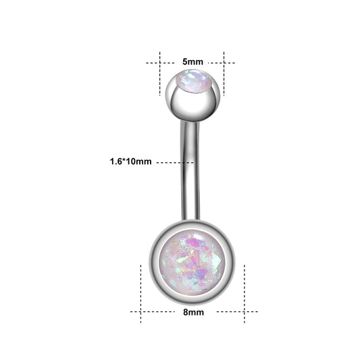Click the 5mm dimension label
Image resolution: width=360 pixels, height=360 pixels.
(x=192, y=61)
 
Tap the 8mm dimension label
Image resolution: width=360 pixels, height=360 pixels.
(x=193, y=312)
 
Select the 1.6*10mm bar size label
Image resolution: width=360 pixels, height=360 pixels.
(x=130, y=161)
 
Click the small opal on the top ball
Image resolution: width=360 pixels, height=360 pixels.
(x=193, y=81)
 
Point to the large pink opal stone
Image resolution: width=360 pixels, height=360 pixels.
(x=192, y=262)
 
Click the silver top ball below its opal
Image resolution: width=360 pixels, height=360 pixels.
(x=193, y=106)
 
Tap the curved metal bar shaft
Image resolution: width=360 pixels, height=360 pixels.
(x=190, y=171)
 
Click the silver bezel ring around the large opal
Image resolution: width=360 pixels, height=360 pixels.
(x=153, y=263)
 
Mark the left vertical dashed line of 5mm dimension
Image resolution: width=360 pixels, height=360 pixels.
(x=160, y=74)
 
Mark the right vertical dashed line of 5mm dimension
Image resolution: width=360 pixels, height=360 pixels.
(x=224, y=74)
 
